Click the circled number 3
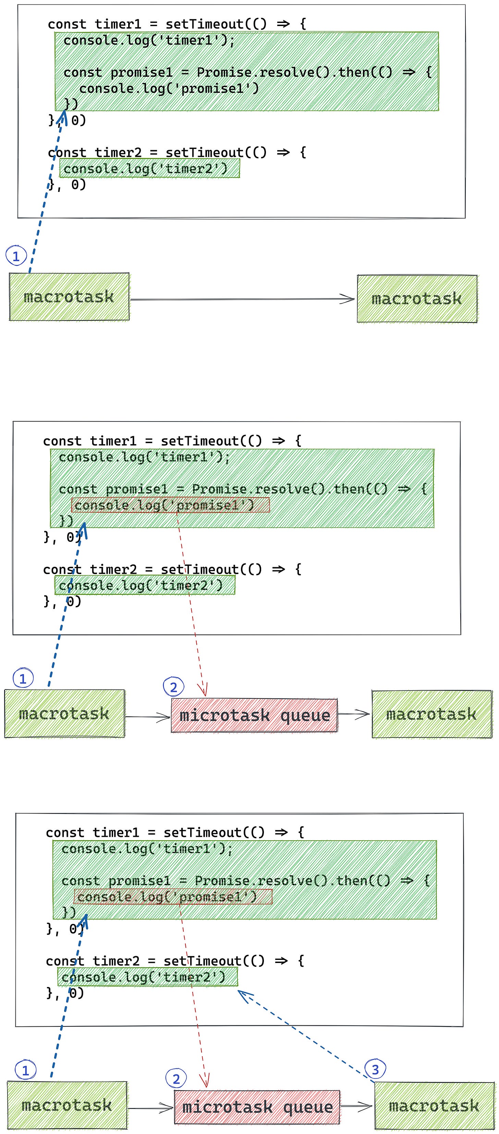(x=375, y=1069)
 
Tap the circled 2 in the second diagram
(x=173, y=687)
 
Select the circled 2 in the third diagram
(x=176, y=1078)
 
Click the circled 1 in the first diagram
(x=16, y=256)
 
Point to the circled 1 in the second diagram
(x=23, y=678)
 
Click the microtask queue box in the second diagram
(x=254, y=715)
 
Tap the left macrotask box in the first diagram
(x=69, y=297)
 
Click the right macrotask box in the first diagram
(x=417, y=299)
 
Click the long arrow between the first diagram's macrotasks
(x=242, y=299)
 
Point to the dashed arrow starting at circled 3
(x=304, y=1035)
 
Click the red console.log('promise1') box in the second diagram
(x=170, y=504)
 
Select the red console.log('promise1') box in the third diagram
(x=173, y=896)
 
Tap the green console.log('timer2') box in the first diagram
(x=150, y=169)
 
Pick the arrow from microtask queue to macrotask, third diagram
(x=356, y=1106)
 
